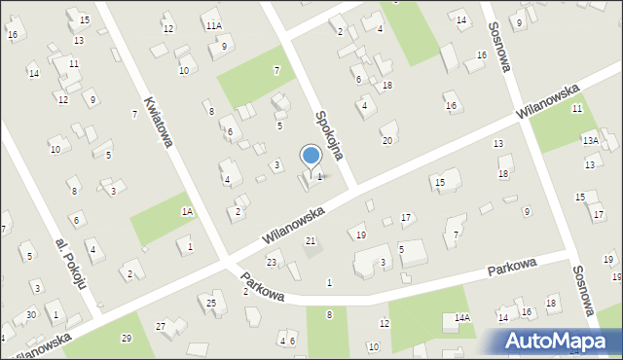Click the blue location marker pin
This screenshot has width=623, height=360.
(x=311, y=156)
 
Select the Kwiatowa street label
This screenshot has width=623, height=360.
(x=157, y=123)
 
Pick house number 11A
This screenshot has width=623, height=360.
(x=213, y=25)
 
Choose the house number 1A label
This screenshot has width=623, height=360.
(x=186, y=211)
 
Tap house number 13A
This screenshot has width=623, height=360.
(x=590, y=141)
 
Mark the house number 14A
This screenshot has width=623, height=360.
(x=462, y=317)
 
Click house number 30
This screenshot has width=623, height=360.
(x=31, y=314)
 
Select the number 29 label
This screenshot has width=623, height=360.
(x=126, y=338)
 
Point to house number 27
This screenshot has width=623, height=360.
(x=161, y=326)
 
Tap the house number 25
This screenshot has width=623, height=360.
(x=211, y=304)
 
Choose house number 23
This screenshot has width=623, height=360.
(x=272, y=263)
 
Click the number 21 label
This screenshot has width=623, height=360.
(x=311, y=240)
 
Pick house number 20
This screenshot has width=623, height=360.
(x=387, y=141)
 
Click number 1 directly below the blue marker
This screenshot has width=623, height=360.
(x=319, y=177)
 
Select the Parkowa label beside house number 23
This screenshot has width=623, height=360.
(x=263, y=286)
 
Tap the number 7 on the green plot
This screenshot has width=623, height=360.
(x=276, y=70)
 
